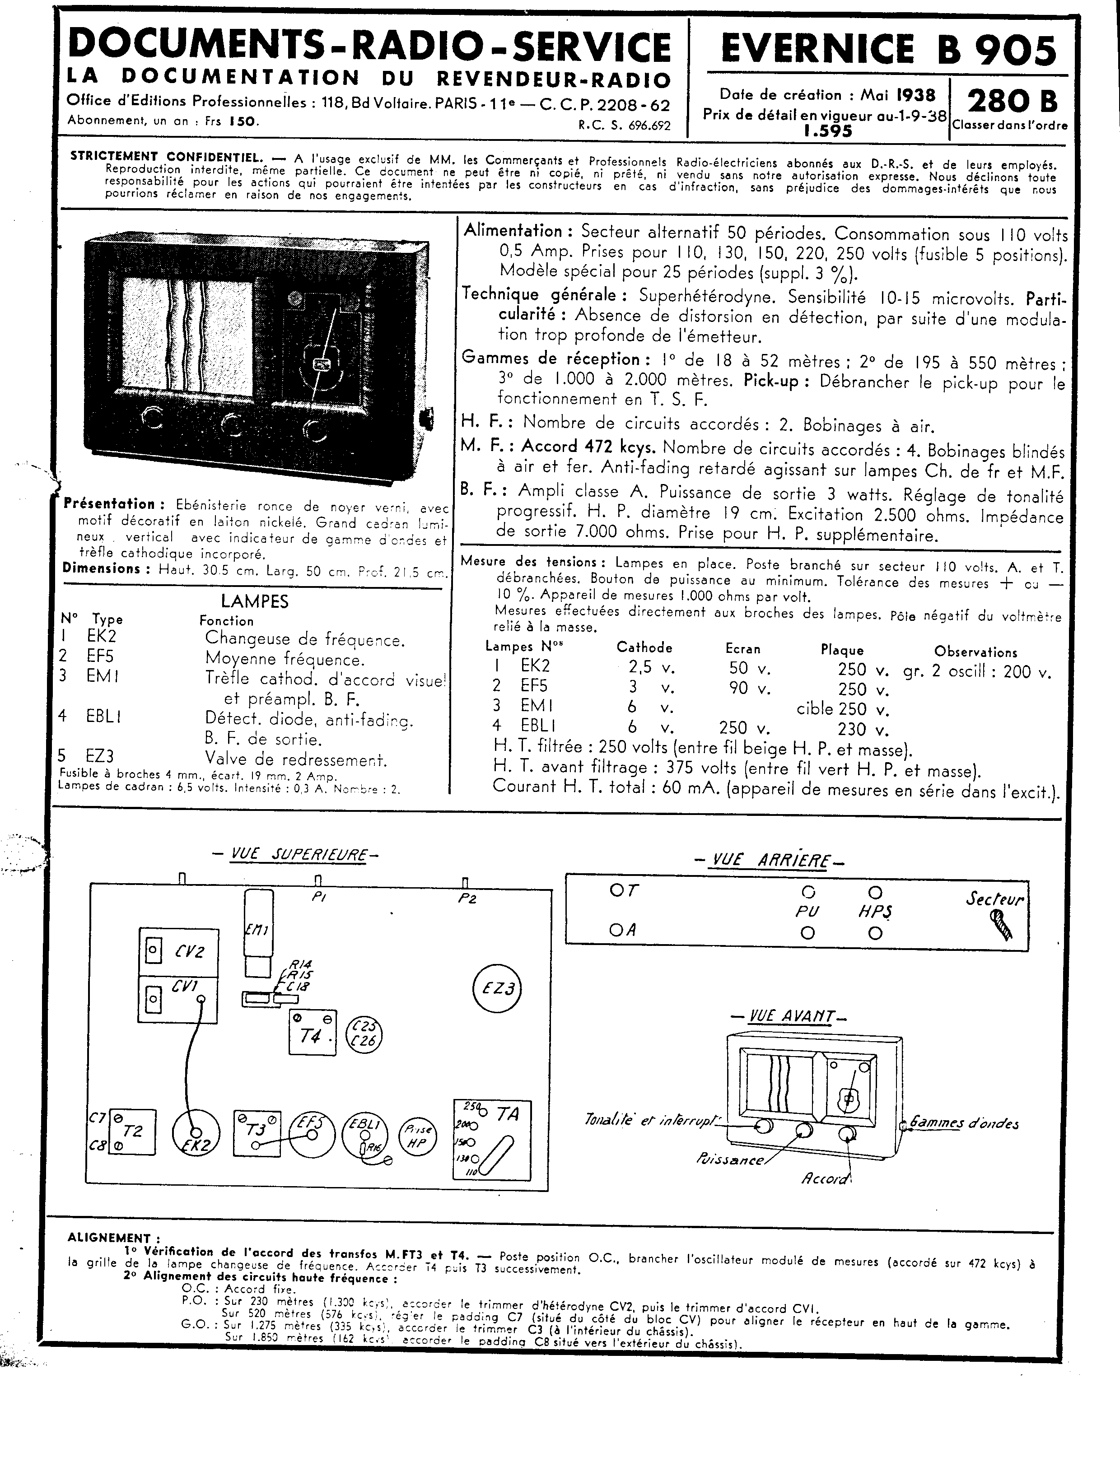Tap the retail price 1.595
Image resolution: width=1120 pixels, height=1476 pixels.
(x=828, y=131)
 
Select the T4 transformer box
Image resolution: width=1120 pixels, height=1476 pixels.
(x=312, y=1032)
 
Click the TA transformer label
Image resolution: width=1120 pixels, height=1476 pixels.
(x=508, y=1114)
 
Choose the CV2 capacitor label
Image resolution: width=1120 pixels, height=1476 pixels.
(x=189, y=951)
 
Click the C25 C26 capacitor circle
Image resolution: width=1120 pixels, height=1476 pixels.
(x=364, y=1034)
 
